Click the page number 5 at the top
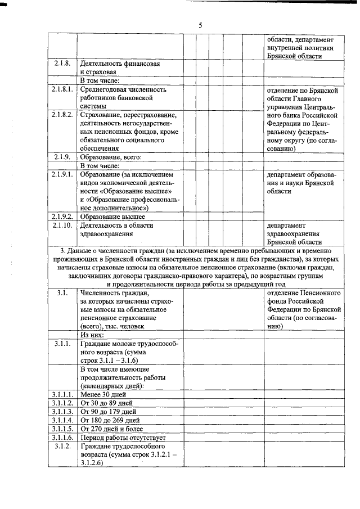coord(200,25)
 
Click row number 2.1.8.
coord(62,63)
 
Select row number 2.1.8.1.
coord(62,89)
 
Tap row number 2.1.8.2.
coord(62,114)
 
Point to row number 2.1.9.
coord(62,157)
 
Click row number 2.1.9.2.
coord(62,216)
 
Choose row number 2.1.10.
coord(62,225)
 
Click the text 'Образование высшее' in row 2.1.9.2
coord(112,216)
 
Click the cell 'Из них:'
coord(93,334)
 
